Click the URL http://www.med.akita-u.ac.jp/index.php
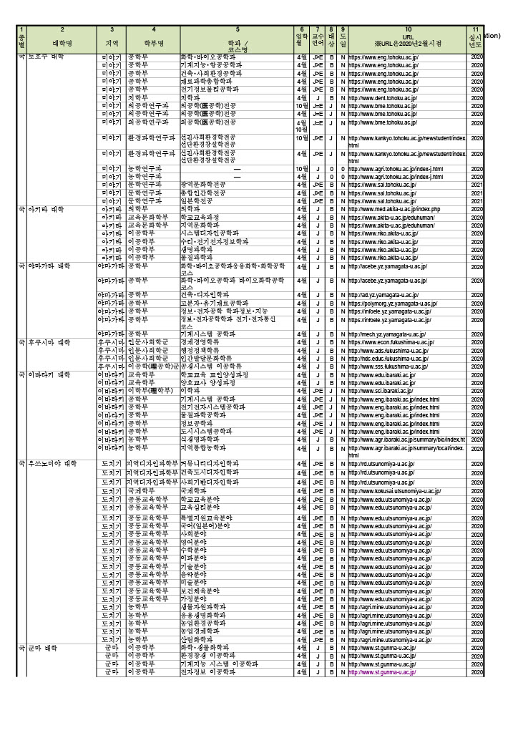(394, 209)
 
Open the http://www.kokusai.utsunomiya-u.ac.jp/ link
(394, 492)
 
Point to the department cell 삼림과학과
(197, 639)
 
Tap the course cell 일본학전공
(197, 201)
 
